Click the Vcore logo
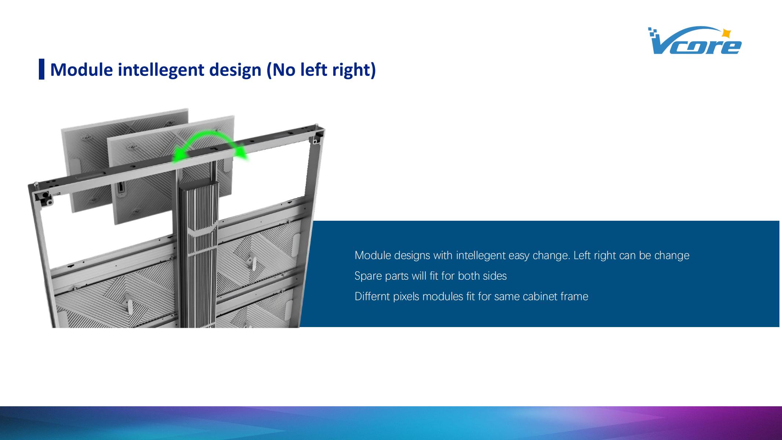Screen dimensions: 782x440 point(694,41)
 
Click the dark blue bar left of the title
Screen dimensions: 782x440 point(42,69)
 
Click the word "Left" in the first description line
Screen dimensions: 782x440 point(582,255)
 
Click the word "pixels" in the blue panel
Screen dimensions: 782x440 point(406,296)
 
